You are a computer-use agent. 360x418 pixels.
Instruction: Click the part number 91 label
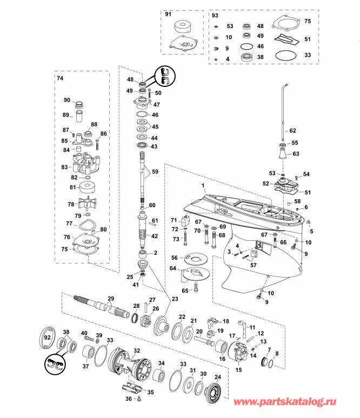[x=168, y=14]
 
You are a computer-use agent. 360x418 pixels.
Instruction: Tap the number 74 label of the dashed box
[x=60, y=78]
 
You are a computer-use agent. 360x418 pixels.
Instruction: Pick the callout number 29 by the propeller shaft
[x=111, y=299]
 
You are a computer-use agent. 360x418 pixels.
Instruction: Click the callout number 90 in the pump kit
[x=67, y=100]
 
